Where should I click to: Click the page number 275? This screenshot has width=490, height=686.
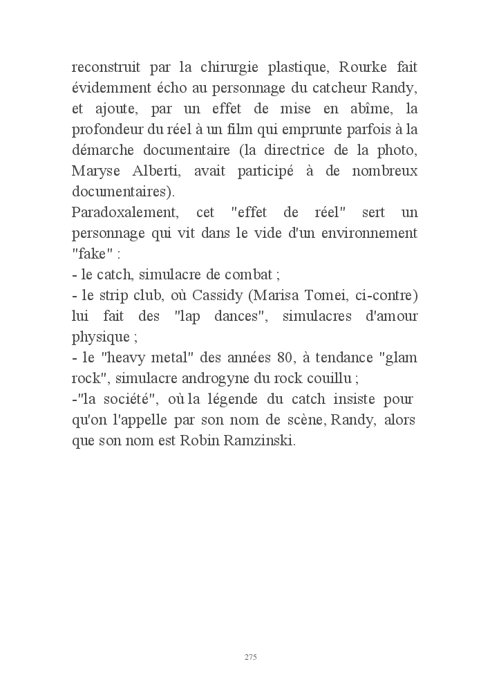[251, 656]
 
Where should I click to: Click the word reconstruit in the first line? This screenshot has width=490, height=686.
[106, 68]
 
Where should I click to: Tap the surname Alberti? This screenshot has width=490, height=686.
[154, 171]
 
